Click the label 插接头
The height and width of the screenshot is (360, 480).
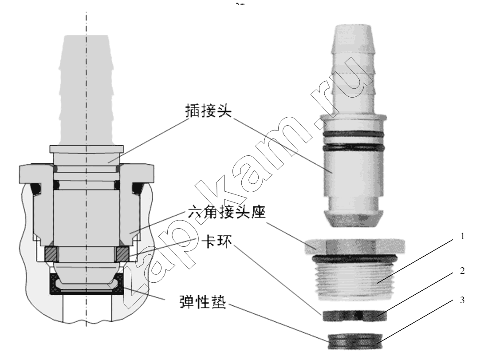point(208,111)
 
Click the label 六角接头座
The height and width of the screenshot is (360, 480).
point(227,211)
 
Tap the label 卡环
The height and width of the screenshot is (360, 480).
point(217,241)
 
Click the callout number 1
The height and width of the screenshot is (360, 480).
point(463,236)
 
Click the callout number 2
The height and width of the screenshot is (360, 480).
point(462,270)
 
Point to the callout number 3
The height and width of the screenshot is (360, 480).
point(462,300)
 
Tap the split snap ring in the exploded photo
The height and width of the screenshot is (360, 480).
point(354,316)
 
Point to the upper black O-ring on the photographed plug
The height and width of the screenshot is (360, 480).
point(352,135)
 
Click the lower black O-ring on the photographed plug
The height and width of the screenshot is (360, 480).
point(352,148)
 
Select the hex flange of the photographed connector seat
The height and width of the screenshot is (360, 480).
point(355,246)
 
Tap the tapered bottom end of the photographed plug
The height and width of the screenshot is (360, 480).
point(354,218)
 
